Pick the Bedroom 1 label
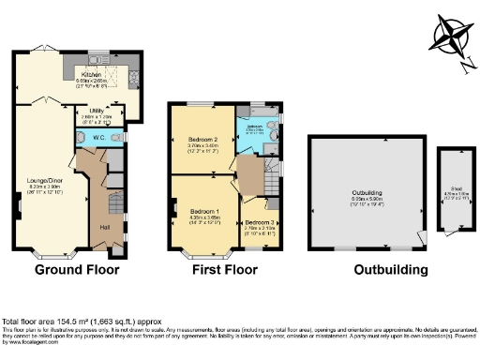click(205, 212)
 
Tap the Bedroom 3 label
click(260, 222)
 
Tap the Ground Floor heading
click(77, 270)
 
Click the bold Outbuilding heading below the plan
click(390, 270)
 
